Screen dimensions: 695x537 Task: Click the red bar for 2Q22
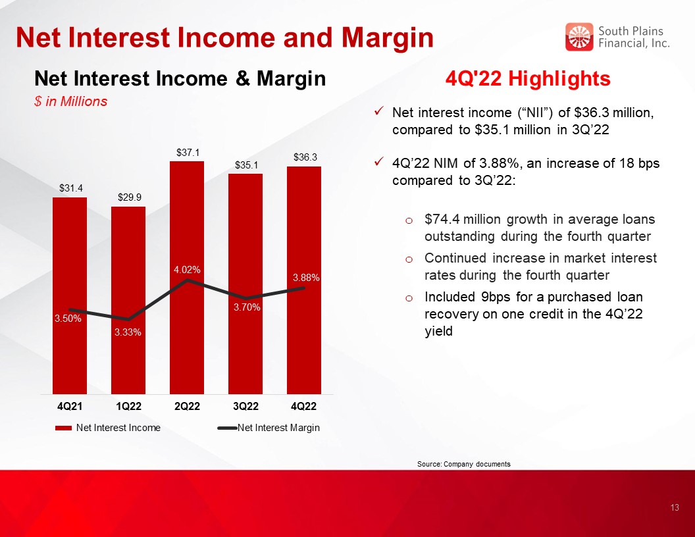point(187,277)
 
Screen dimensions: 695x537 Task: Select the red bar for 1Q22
point(128,300)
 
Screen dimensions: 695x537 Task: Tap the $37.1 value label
point(188,153)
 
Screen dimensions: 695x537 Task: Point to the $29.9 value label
point(130,197)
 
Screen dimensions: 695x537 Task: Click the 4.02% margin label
point(187,269)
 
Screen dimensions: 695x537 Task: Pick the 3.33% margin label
point(128,332)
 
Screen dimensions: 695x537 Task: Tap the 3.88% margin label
point(306,278)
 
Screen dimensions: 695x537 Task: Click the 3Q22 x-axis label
point(245,406)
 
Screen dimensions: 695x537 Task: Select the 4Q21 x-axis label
point(70,406)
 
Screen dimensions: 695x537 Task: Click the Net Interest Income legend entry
point(108,428)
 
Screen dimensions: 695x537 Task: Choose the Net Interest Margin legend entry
point(269,428)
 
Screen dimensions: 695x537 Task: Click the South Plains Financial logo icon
point(579,37)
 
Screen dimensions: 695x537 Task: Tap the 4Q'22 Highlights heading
point(528,79)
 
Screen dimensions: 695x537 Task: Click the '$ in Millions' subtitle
point(71,101)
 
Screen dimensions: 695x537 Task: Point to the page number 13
point(675,508)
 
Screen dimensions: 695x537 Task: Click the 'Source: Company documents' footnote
point(463,465)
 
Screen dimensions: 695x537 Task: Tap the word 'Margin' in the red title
point(388,38)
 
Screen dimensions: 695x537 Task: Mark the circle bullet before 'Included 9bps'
point(409,298)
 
